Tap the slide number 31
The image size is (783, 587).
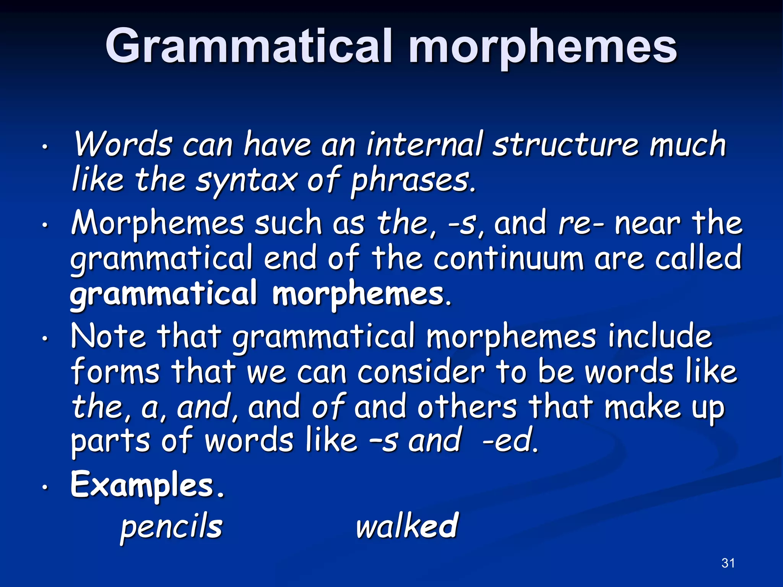coord(728,563)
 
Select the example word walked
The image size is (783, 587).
coord(407,527)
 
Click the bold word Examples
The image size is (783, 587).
coord(147,485)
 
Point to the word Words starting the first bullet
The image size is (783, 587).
coord(122,145)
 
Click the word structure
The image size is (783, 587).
coord(566,145)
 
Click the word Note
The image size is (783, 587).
coord(108,337)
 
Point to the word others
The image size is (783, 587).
coord(466,407)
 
